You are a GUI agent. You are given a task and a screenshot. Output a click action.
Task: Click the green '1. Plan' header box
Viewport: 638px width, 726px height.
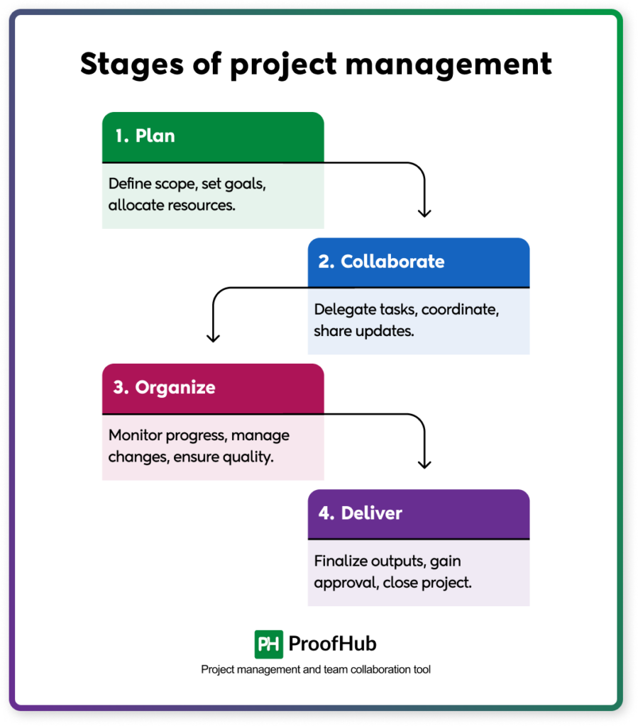click(x=213, y=136)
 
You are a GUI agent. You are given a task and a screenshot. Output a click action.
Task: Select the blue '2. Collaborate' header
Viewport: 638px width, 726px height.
click(x=419, y=262)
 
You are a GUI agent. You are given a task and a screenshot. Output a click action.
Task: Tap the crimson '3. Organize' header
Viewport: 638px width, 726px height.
click(x=213, y=388)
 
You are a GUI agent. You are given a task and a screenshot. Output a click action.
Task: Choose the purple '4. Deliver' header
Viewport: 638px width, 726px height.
click(x=419, y=513)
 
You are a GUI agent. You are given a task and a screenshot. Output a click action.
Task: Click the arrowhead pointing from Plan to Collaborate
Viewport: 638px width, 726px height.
click(x=424, y=212)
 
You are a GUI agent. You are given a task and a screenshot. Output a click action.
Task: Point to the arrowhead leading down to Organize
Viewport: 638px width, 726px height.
click(x=213, y=337)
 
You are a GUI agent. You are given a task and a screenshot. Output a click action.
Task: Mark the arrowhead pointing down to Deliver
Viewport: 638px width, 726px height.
click(x=424, y=464)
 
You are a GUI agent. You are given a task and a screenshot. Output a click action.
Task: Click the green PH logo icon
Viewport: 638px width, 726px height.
click(x=269, y=644)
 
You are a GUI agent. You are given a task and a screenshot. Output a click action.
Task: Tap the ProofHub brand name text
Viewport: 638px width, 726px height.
click(x=332, y=644)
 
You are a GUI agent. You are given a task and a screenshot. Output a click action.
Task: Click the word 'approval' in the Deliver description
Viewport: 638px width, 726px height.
click(x=341, y=583)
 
